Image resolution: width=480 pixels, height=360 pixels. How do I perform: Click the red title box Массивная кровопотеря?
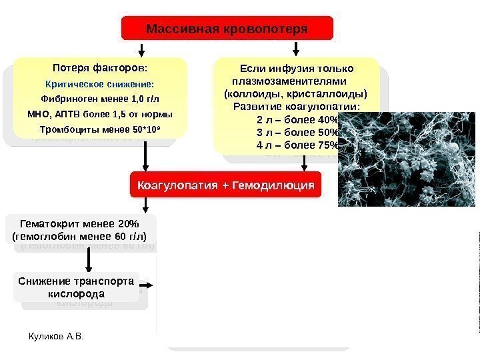tap(227, 29)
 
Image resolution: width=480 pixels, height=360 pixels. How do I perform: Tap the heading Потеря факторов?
tap(100, 67)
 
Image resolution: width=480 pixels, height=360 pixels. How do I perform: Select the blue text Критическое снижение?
tap(99, 85)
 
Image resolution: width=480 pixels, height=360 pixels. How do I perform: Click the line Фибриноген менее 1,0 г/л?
tap(100, 99)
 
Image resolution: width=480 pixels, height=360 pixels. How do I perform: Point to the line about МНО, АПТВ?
tap(100, 113)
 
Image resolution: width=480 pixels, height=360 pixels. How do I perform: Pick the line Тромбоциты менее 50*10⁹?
tap(100, 129)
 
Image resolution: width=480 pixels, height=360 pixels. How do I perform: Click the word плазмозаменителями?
tap(289, 81)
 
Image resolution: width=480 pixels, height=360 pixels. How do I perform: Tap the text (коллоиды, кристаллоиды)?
tap(295, 93)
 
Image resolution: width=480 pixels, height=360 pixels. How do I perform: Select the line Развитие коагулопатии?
tap(296, 107)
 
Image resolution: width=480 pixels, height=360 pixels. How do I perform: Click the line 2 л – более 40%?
tap(297, 120)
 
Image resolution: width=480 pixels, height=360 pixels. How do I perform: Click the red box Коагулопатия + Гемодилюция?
tap(225, 185)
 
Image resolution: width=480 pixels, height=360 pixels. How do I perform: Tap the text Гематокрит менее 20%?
tap(79, 223)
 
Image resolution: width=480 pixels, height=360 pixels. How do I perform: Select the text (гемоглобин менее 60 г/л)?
tap(79, 235)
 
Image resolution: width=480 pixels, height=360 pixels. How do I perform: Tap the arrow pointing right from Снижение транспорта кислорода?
tap(151, 286)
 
